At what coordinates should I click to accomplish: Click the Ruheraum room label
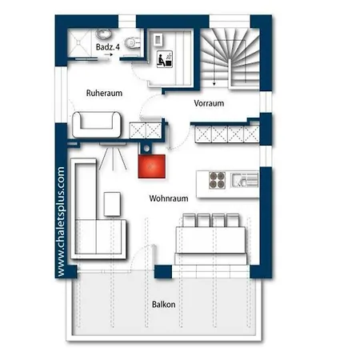pyautogui.click(x=104, y=94)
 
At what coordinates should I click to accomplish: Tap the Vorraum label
pyautogui.click(x=209, y=104)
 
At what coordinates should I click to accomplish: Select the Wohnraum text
pyautogui.click(x=168, y=197)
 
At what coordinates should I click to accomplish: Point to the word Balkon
pyautogui.click(x=164, y=305)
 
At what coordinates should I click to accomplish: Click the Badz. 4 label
pyautogui.click(x=107, y=47)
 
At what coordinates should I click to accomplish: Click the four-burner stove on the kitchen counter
pyautogui.click(x=218, y=179)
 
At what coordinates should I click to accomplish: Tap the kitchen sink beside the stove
pyautogui.click(x=241, y=180)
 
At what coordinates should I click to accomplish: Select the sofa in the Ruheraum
pyautogui.click(x=97, y=123)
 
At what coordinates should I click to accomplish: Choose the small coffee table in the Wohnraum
pyautogui.click(x=112, y=205)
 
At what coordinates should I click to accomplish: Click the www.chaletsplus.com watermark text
pyautogui.click(x=62, y=222)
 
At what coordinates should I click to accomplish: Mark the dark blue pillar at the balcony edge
pyautogui.click(x=163, y=271)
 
